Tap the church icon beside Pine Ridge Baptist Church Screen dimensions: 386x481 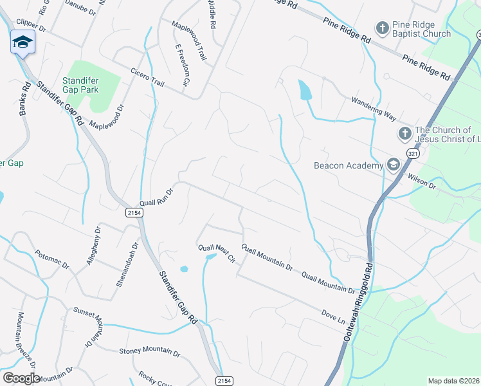point(383,28)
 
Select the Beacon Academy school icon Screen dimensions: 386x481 point(392,165)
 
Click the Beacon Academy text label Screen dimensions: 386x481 point(348,165)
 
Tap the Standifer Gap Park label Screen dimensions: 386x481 point(80,85)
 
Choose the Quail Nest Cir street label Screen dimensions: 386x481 point(217,253)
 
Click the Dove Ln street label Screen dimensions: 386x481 point(332,317)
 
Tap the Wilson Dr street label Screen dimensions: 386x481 point(422,182)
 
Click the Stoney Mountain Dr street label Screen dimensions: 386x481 point(149,351)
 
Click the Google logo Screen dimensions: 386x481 point(21,378)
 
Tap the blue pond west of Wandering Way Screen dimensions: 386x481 point(305,90)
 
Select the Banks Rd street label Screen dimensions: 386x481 point(24,98)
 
